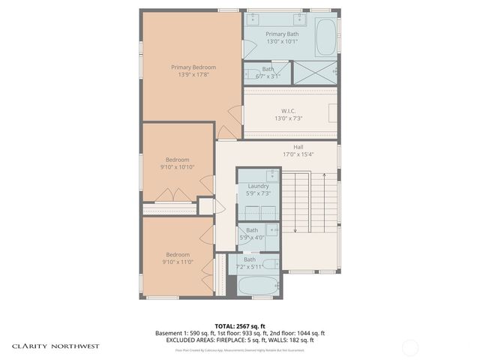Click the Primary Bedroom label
coord(188,67)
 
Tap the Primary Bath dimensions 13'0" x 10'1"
coord(282,42)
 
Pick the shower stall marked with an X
coord(313,73)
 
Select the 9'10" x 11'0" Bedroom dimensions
coord(177,262)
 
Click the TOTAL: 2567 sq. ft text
coord(239,325)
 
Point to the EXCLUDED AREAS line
coord(239,340)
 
